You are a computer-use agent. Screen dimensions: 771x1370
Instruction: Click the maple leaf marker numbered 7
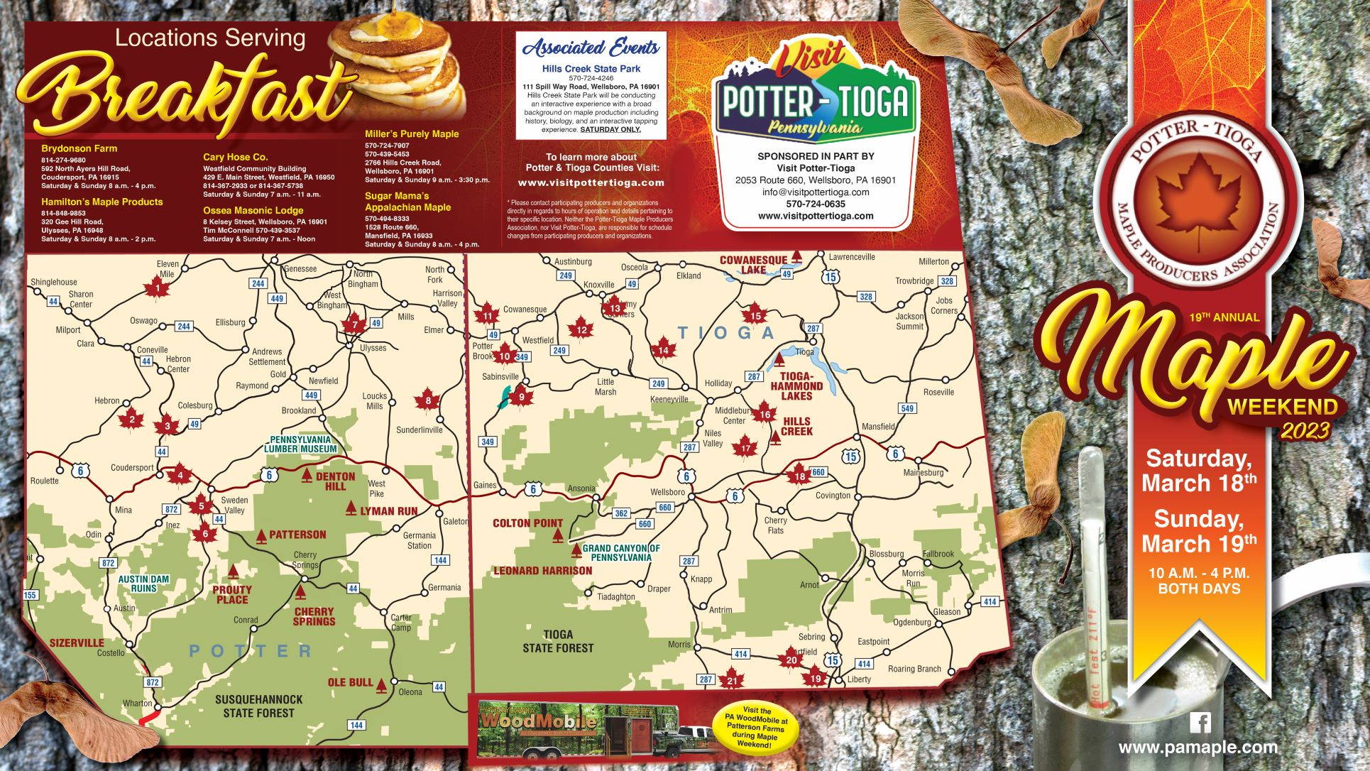click(355, 325)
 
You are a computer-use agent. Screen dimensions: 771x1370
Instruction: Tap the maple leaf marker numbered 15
click(755, 316)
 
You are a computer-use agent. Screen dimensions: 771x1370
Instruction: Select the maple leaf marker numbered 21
click(732, 680)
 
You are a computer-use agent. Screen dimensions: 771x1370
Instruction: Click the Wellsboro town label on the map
click(667, 492)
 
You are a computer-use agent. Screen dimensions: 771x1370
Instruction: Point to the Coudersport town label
click(132, 468)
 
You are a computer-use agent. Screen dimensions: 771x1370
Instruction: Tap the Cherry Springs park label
click(314, 616)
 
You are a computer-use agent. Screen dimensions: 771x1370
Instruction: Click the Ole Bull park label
click(351, 682)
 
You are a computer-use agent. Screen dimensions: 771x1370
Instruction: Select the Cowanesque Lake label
click(753, 264)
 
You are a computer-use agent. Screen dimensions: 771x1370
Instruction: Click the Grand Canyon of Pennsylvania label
click(621, 553)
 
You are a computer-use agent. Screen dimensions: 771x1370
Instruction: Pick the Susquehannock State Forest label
click(258, 706)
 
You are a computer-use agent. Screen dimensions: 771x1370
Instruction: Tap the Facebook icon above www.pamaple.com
click(1200, 723)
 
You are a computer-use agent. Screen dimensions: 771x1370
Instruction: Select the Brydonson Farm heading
click(79, 148)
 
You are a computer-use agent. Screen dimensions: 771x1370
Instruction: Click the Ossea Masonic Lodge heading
click(253, 210)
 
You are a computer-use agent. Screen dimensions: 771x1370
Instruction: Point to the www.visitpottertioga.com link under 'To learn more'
click(591, 182)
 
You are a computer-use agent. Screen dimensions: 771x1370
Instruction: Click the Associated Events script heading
click(591, 48)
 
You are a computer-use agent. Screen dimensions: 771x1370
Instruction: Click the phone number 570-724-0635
click(816, 204)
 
